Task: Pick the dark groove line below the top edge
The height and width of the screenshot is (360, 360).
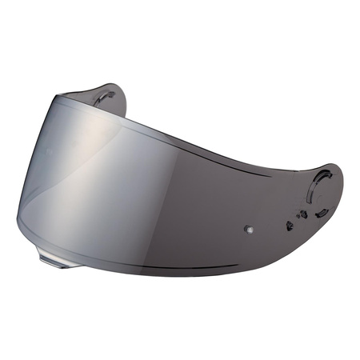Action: [x=200, y=141]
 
